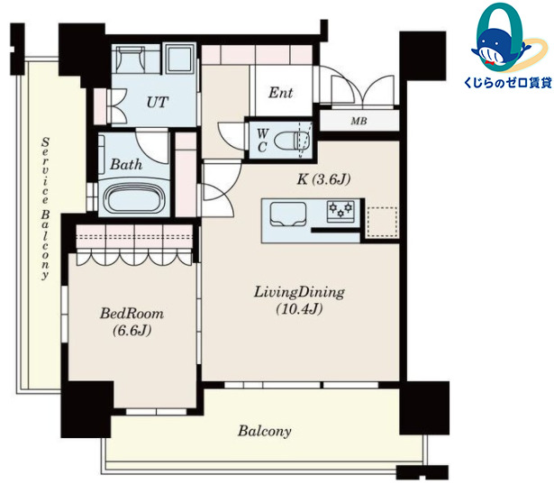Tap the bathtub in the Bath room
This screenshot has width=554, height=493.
pyautogui.click(x=134, y=199)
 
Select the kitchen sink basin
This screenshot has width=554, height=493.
pyautogui.click(x=287, y=215)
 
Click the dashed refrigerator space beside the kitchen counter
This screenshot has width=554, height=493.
pyautogui.click(x=383, y=222)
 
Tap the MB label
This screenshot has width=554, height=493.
pyautogui.click(x=359, y=121)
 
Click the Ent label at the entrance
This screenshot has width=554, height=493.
pyautogui.click(x=280, y=93)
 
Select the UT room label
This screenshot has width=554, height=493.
pyautogui.click(x=158, y=102)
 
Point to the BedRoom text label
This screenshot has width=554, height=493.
pyautogui.click(x=132, y=314)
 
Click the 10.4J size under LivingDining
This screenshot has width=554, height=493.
pyautogui.click(x=299, y=309)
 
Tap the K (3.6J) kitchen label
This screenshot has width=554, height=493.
pyautogui.click(x=324, y=179)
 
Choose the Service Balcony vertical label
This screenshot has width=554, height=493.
pyautogui.click(x=45, y=208)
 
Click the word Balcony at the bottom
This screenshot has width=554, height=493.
pyautogui.click(x=265, y=431)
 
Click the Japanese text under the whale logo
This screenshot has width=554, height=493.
pyautogui.click(x=508, y=83)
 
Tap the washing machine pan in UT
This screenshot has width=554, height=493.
pyautogui.click(x=180, y=59)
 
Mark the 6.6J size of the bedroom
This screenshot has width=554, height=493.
pyautogui.click(x=132, y=331)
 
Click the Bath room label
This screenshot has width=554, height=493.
pyautogui.click(x=126, y=164)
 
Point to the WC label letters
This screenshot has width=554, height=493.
pyautogui.click(x=262, y=141)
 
